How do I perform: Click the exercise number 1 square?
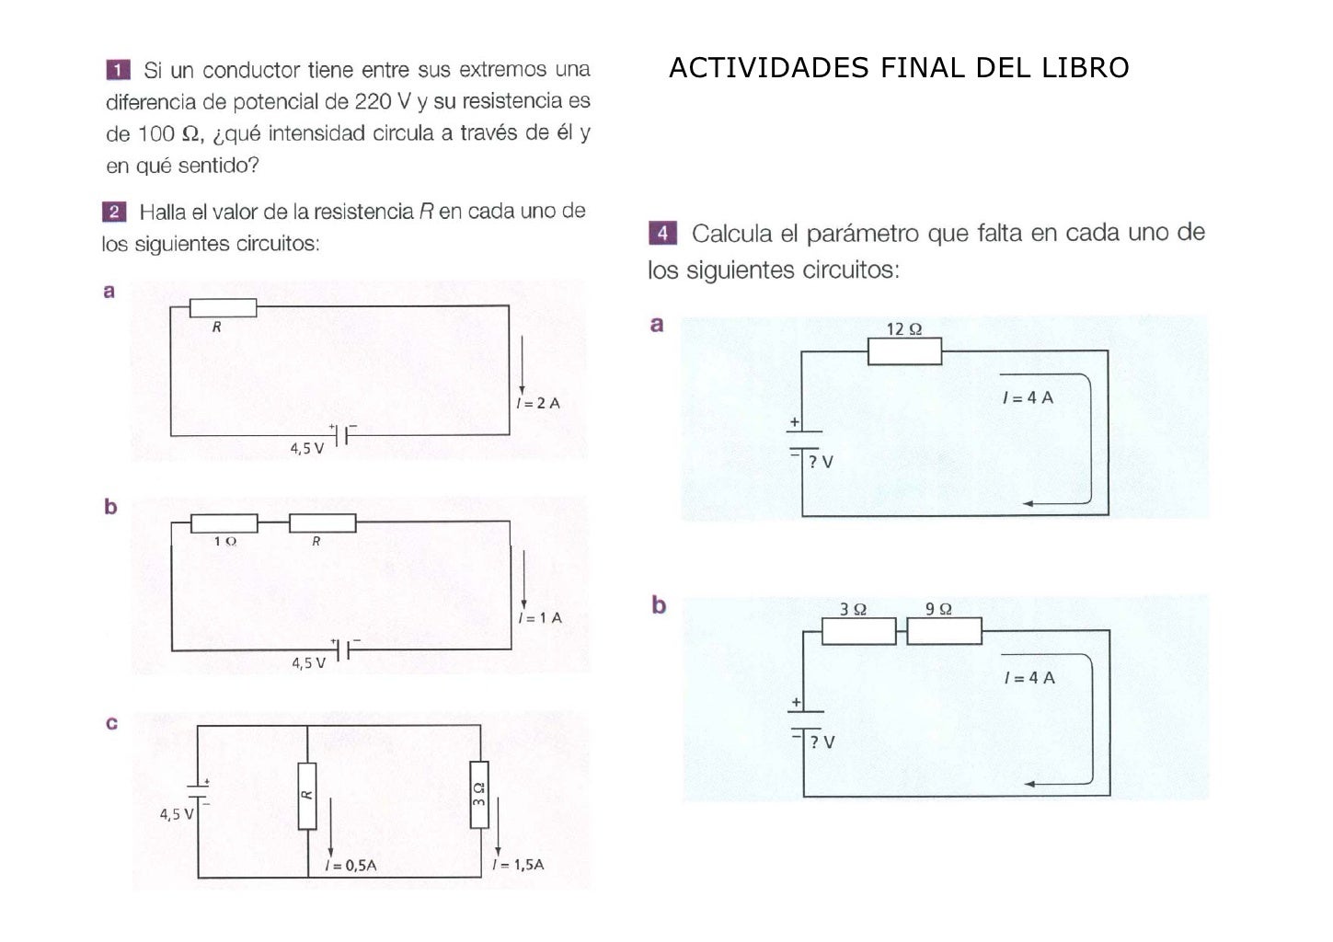coord(118,70)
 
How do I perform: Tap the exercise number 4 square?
coord(662,233)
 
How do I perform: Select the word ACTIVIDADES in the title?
coord(768,68)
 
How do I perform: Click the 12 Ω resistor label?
coord(903,329)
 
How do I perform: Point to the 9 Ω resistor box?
coord(944,631)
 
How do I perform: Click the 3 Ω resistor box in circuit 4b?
coord(857,631)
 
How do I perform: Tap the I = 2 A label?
coord(538,403)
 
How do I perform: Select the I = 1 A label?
coord(540,618)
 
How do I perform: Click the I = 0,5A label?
coord(350,866)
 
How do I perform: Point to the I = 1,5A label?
coord(518,865)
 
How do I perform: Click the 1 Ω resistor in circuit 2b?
coord(224,523)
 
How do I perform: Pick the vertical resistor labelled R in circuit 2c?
coord(307,795)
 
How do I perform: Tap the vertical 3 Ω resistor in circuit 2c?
coord(479,795)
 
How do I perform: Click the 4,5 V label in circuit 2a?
coord(307,449)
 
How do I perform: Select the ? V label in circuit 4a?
coord(821,462)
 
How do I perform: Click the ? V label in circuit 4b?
coord(822,742)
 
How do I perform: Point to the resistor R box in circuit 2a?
coord(223,307)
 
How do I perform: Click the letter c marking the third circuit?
coord(111,723)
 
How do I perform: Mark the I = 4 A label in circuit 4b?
coord(1029,678)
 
